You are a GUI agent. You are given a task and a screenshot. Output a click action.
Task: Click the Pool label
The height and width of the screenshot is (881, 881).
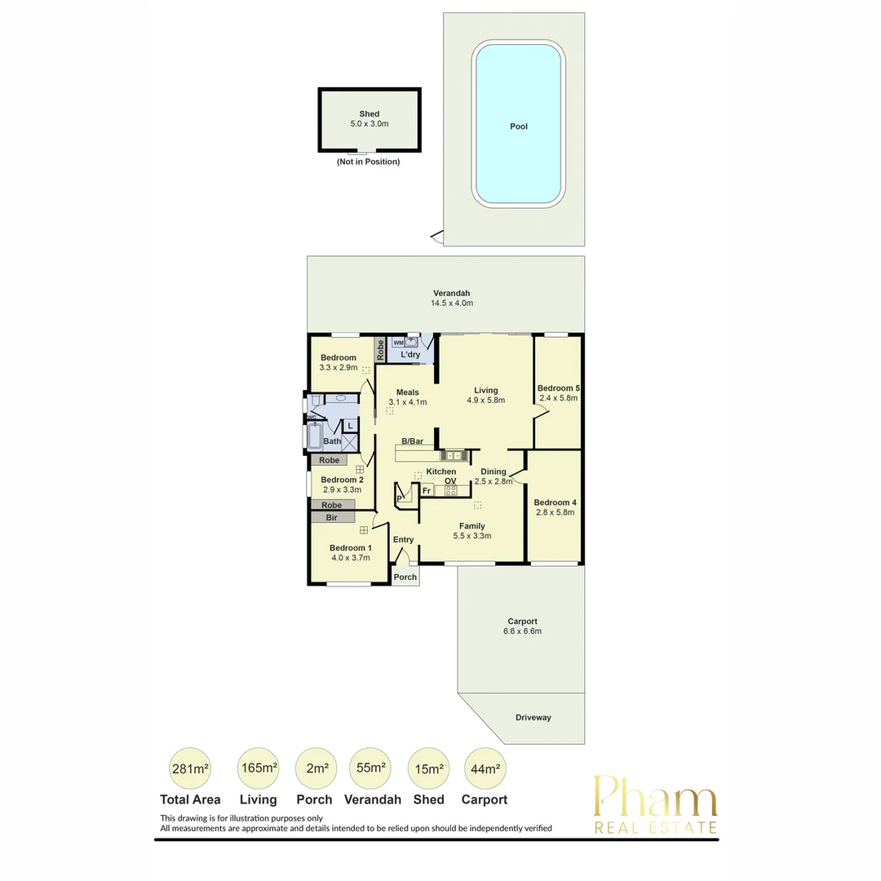(519, 126)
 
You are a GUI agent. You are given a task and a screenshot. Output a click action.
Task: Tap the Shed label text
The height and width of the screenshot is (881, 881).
(370, 114)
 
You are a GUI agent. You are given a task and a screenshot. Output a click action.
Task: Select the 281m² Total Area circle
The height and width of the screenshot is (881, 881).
(190, 768)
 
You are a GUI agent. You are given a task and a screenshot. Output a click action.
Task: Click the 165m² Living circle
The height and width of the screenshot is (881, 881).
(258, 768)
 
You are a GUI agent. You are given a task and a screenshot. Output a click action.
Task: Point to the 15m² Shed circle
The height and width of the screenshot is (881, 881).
(429, 768)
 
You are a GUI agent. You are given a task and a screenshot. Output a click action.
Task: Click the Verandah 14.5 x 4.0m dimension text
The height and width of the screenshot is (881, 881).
(451, 303)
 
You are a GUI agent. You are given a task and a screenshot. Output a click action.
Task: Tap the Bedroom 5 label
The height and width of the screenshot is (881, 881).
(558, 387)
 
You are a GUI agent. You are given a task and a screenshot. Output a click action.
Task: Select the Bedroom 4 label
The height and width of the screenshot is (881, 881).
(555, 502)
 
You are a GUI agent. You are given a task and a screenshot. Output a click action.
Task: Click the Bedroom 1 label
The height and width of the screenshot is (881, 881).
(350, 547)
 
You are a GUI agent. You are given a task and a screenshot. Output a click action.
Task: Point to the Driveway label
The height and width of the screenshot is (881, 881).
(533, 718)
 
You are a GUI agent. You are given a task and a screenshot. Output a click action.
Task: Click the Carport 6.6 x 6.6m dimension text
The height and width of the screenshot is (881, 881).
(520, 631)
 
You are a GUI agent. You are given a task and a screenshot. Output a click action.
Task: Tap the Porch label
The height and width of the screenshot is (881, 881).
(405, 577)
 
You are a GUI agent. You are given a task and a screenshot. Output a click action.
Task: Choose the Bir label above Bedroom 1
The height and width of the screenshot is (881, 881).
(332, 517)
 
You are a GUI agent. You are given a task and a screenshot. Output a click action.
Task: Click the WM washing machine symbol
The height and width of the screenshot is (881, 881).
(398, 343)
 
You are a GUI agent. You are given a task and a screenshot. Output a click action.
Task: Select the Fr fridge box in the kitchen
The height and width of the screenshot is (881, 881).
(427, 490)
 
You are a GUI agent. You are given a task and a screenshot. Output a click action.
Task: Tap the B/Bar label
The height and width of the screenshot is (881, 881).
(412, 441)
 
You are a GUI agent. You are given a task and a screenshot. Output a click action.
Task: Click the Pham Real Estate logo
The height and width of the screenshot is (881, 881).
(655, 804)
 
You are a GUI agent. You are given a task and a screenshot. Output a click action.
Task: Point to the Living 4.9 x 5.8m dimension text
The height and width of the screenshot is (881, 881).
(485, 401)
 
